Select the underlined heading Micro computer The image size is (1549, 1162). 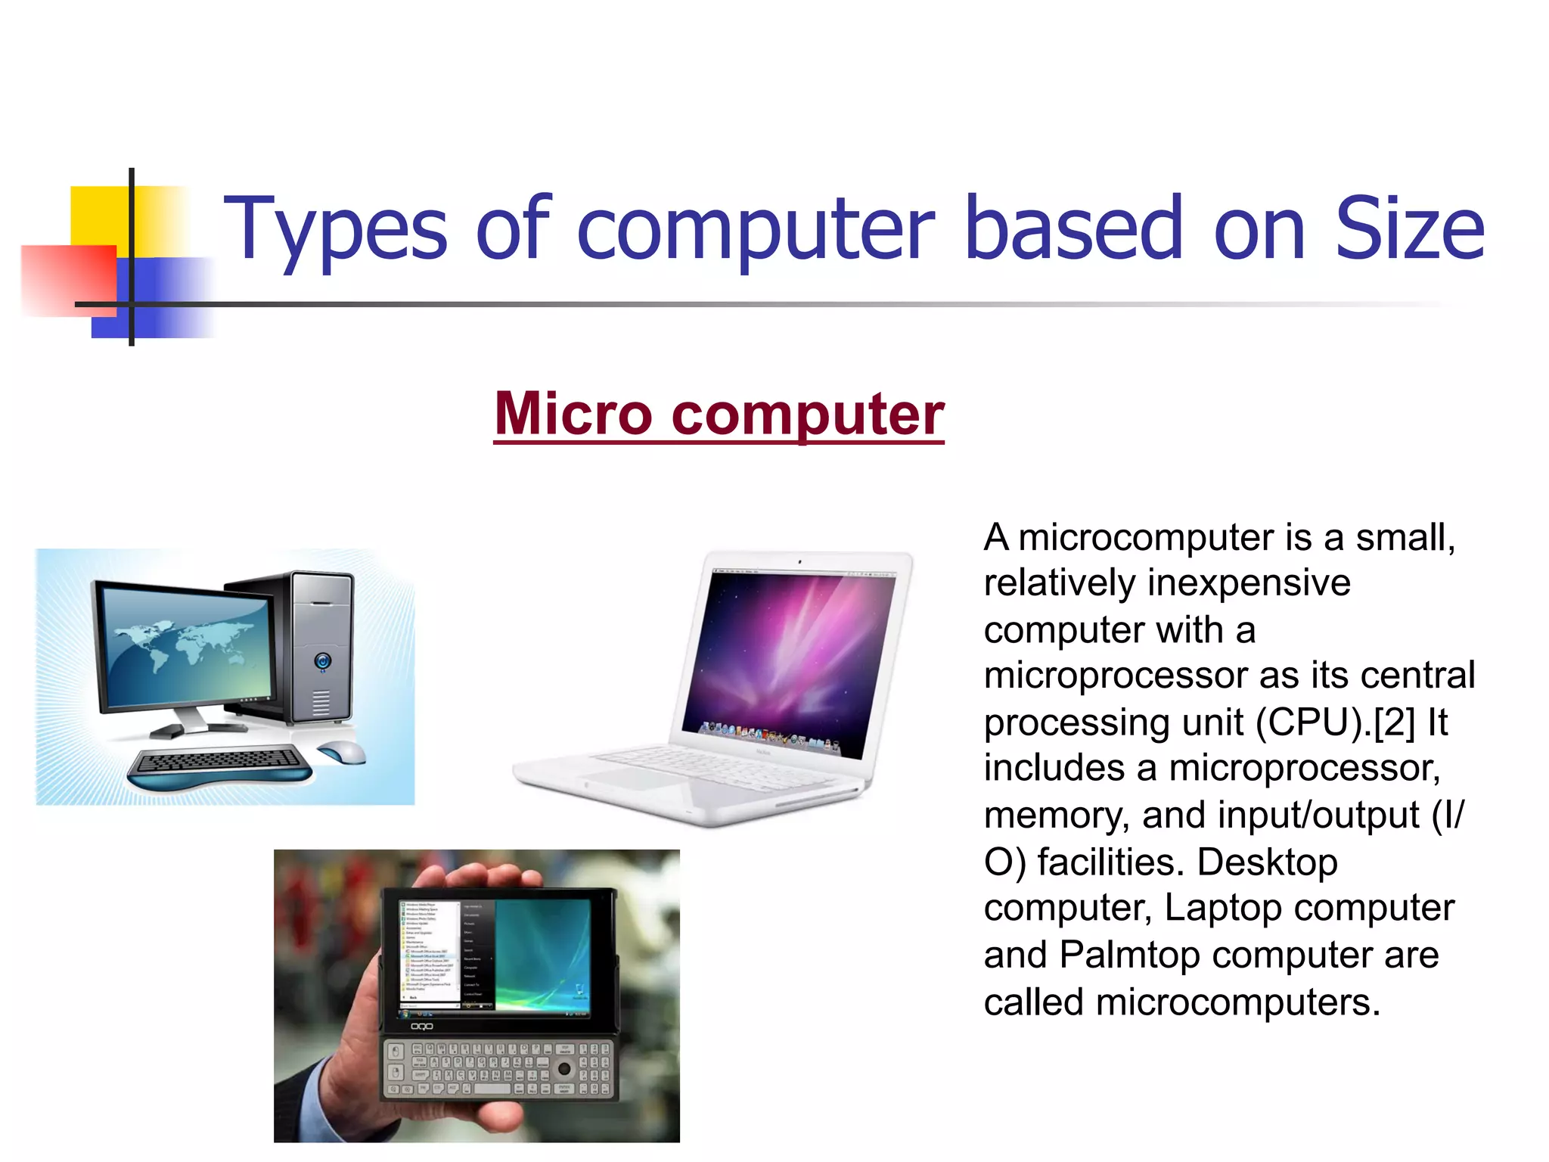pos(719,414)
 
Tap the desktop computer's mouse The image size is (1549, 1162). pos(342,752)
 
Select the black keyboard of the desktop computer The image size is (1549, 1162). pos(219,760)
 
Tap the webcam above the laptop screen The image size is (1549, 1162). pos(799,562)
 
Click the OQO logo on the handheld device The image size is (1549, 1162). pos(421,1027)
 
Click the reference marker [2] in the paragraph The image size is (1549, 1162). pos(1393,722)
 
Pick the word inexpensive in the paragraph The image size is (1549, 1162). pos(1248,583)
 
